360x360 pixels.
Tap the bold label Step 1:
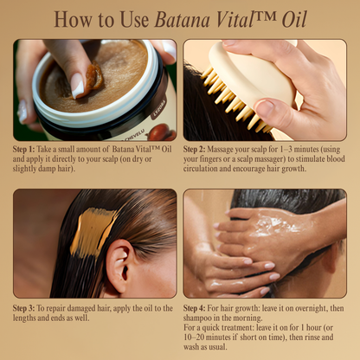pos(29,150)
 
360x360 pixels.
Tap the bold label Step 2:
pos(201,150)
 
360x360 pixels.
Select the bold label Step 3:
pos(29,307)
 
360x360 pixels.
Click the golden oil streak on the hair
pos(93,229)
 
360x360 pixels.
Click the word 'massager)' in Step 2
pos(308,159)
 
